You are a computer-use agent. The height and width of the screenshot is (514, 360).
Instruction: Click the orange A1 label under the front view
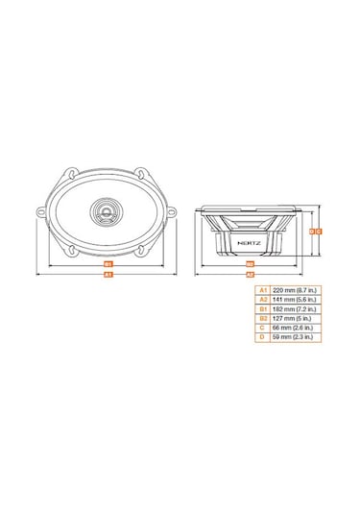click(x=108, y=274)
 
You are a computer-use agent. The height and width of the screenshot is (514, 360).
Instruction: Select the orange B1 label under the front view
click(x=108, y=262)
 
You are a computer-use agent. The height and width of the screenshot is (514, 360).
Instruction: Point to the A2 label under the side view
click(x=249, y=274)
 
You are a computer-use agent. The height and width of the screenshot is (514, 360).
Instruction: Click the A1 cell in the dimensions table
click(x=261, y=289)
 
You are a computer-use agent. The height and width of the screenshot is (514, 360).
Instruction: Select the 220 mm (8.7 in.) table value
click(x=297, y=289)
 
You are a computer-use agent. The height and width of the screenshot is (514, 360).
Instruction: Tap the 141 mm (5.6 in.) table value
click(x=297, y=299)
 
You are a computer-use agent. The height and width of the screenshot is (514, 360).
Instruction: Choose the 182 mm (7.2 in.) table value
click(x=297, y=308)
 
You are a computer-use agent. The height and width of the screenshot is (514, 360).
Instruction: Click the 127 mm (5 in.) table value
click(x=293, y=318)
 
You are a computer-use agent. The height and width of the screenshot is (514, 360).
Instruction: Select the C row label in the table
click(x=261, y=328)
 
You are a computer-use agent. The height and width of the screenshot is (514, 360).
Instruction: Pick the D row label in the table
click(x=261, y=337)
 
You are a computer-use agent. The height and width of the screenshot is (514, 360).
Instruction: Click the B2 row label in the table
click(x=261, y=318)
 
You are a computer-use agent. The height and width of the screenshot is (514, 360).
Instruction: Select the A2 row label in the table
click(x=261, y=299)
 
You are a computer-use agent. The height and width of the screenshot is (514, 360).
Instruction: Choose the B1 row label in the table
click(x=261, y=308)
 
